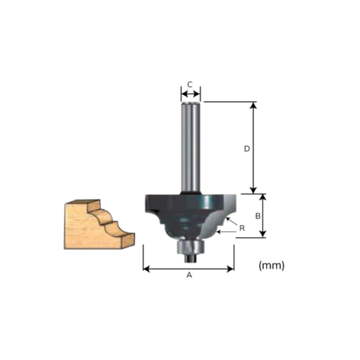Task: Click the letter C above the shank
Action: tap(190, 85)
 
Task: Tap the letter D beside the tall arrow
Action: tap(247, 149)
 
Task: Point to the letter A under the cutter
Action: tap(190, 275)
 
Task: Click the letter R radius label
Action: tap(241, 228)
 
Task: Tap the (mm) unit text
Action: tap(271, 265)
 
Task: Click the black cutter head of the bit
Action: tap(186, 210)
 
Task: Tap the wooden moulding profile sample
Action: tap(96, 224)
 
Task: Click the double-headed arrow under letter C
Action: tap(191, 94)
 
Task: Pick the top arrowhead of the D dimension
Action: tap(254, 106)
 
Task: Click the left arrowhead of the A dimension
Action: tap(146, 269)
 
